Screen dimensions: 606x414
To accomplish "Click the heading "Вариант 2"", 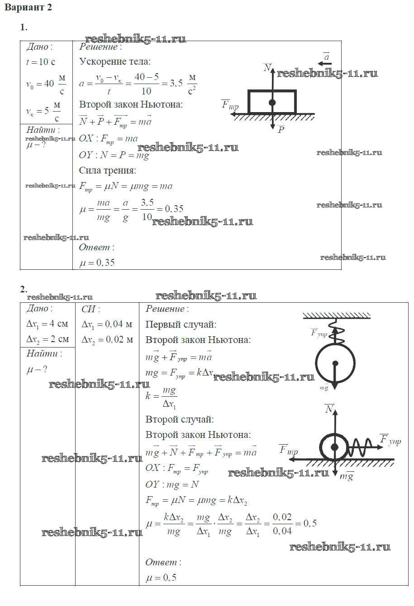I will point(29,8).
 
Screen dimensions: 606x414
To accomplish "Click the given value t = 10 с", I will point(40,62).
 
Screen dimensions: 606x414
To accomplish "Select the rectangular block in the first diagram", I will point(272,102).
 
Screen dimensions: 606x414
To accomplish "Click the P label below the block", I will point(281,130).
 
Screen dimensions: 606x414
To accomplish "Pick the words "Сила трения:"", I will point(107,170).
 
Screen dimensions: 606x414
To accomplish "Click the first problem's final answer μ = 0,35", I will point(97,263).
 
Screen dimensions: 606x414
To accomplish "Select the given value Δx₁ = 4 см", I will point(48,324).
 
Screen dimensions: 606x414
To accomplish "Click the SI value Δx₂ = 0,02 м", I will point(107,339).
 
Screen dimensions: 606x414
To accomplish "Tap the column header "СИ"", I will point(90,309).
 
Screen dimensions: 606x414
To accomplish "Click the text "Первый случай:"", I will point(181,324).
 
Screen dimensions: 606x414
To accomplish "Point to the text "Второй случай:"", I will point(180,419).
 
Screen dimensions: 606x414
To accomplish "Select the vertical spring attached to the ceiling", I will point(335,331).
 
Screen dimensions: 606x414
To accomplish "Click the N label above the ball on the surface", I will point(329,409).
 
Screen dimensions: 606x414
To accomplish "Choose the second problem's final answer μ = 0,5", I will point(161,577).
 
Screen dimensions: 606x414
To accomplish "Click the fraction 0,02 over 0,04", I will point(282,524).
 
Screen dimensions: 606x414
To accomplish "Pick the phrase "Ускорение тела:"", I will point(115,62).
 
